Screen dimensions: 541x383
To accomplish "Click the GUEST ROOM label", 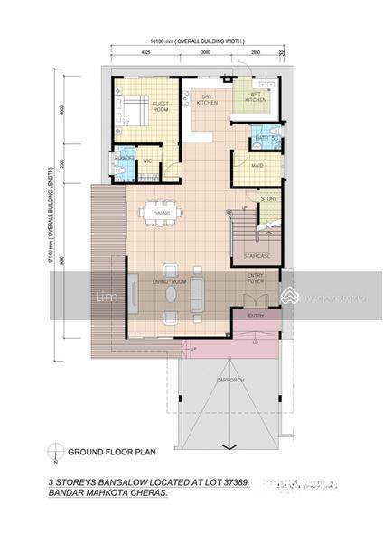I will click(x=160, y=107).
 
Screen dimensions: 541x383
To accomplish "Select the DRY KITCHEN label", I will click(x=207, y=99).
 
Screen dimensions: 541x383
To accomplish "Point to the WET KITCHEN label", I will click(x=256, y=97).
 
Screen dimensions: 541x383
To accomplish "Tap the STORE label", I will click(x=267, y=198).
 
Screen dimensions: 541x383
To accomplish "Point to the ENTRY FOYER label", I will click(x=257, y=282).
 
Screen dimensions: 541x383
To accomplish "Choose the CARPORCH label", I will click(x=230, y=380).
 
